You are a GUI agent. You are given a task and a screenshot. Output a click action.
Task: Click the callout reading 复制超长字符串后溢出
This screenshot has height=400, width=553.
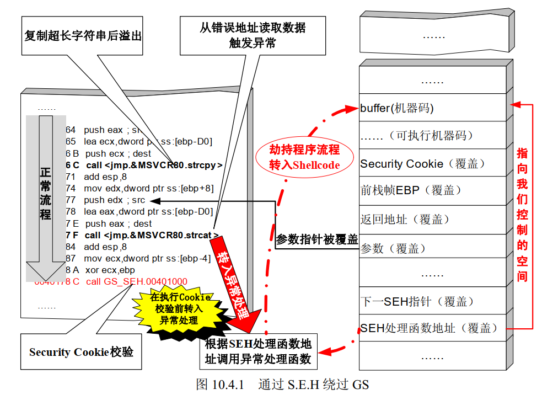(x=83, y=35)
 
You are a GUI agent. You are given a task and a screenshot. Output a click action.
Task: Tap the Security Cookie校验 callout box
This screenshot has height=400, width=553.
(x=81, y=351)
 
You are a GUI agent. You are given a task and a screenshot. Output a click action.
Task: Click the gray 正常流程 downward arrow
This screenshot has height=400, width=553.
(x=46, y=193)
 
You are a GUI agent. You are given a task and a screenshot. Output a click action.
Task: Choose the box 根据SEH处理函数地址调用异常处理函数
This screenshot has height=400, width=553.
(x=258, y=352)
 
